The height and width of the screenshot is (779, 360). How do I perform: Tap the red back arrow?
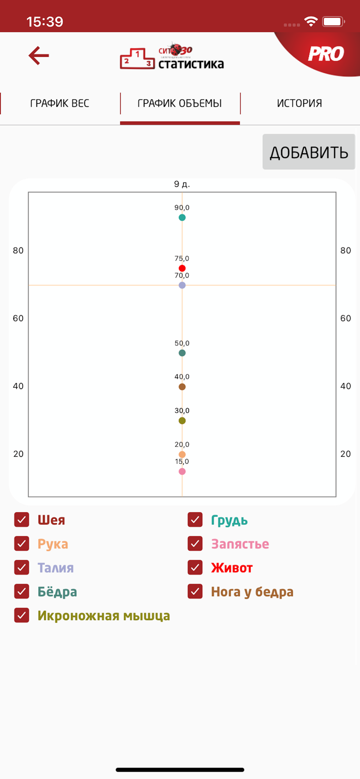tap(39, 55)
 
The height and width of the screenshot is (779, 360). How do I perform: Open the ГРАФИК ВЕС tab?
tap(60, 103)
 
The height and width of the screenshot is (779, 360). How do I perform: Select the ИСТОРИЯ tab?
tap(299, 103)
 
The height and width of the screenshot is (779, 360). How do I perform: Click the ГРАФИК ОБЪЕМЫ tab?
tap(180, 103)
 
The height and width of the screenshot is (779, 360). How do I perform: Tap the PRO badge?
tap(326, 54)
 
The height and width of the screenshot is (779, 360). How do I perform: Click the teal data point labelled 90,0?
tap(182, 217)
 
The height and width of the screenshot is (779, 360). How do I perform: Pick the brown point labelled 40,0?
tap(182, 387)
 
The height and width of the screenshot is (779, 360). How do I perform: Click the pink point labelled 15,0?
tap(182, 471)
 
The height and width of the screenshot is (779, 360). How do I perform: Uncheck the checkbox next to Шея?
tap(22, 520)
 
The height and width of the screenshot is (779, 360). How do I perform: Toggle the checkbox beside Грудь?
tap(195, 520)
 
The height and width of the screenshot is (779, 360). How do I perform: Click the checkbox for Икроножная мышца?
tap(22, 615)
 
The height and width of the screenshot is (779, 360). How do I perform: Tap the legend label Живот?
tap(232, 568)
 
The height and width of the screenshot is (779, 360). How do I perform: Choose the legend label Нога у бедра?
tap(252, 592)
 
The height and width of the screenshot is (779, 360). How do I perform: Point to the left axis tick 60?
tap(18, 318)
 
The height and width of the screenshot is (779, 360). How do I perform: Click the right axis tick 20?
tap(346, 454)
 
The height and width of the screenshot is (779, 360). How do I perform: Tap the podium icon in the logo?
tap(137, 59)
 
